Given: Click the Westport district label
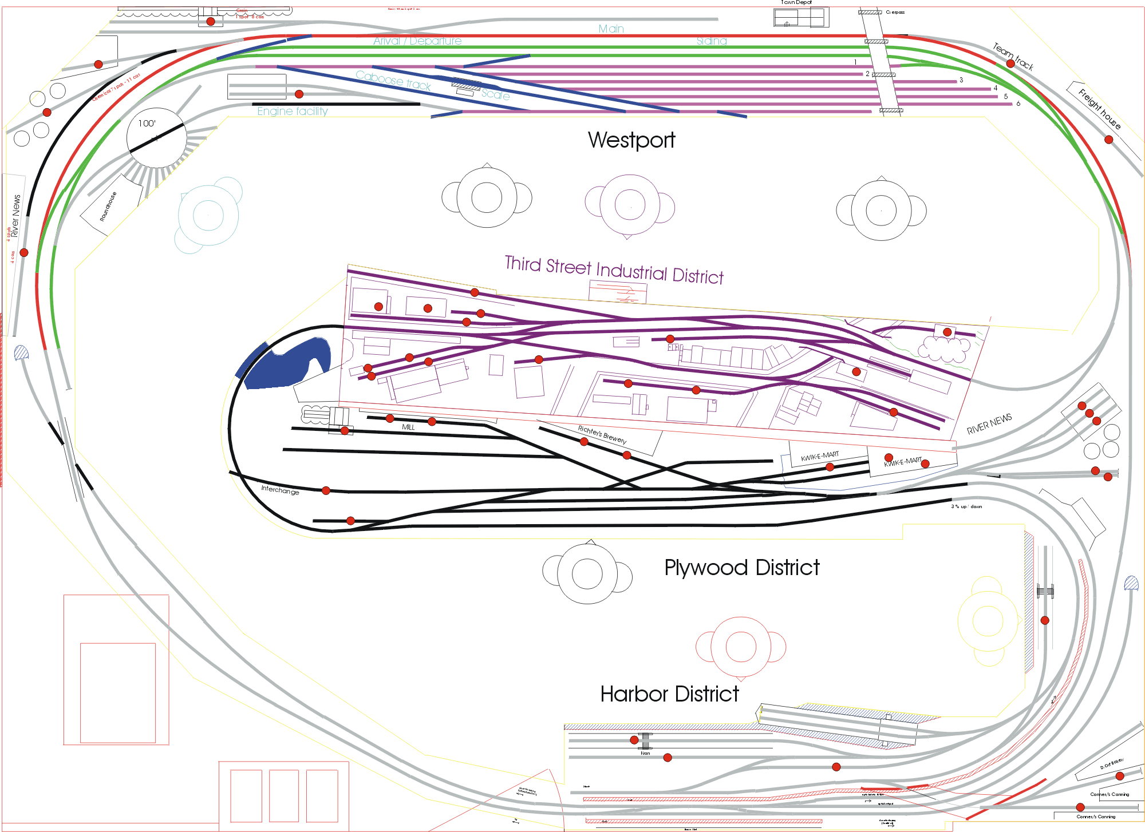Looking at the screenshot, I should [x=631, y=140].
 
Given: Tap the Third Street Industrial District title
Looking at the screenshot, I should [x=614, y=270].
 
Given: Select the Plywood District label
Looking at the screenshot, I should [x=741, y=568].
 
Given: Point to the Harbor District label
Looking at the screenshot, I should [x=669, y=694].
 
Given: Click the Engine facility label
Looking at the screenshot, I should [x=293, y=111].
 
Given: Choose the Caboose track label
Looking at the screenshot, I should [x=393, y=80].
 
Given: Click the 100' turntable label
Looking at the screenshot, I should [x=147, y=123].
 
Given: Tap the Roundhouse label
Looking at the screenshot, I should [x=108, y=207].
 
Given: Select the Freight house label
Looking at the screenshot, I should [x=1099, y=108].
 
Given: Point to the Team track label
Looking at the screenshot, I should [x=1013, y=57].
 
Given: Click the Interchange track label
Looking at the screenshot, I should [x=280, y=490].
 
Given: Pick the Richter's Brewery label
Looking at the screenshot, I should [x=602, y=435].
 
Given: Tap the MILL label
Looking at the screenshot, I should [x=408, y=427].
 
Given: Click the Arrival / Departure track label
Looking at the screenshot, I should [x=417, y=41].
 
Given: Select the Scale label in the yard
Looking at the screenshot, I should [x=496, y=94].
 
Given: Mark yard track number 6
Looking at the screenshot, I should [x=1018, y=104].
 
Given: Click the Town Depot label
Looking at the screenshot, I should [x=796, y=3].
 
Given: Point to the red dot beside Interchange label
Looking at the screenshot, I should [x=326, y=490].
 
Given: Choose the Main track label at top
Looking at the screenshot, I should [x=611, y=29].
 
